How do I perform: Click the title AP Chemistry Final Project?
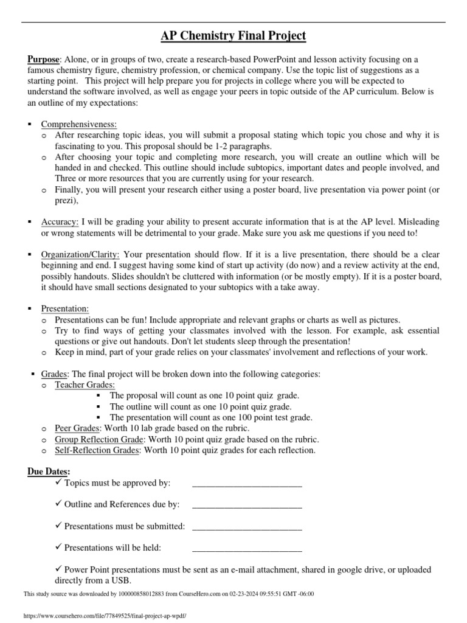coord(233,37)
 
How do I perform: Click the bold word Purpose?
coord(43,59)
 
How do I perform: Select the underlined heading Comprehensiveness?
coord(78,124)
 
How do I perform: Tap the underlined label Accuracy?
coord(60,223)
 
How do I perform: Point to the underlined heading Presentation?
coord(64,309)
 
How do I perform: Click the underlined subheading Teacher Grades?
coord(85,385)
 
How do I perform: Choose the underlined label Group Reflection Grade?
coord(99,439)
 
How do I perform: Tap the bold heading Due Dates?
coord(49,472)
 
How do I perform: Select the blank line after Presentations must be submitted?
coord(247,528)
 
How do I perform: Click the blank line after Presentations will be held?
coord(247,550)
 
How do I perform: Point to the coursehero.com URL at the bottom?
coord(104,616)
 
